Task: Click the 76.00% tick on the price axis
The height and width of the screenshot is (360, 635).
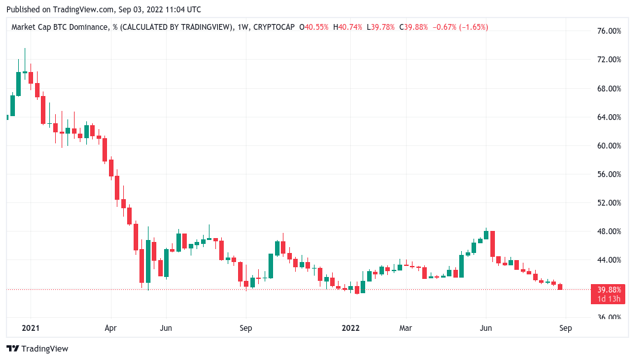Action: click(x=609, y=31)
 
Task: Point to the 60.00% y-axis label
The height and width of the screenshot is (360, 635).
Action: click(x=609, y=146)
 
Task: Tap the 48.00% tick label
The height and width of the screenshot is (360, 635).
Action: click(x=609, y=232)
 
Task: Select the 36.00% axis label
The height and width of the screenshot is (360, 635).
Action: click(x=609, y=317)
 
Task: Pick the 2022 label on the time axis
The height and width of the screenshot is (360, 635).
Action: click(x=350, y=328)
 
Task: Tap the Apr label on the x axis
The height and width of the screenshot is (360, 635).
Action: click(x=110, y=328)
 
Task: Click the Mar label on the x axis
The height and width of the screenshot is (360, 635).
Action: click(x=405, y=328)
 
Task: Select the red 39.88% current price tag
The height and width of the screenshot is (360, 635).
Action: click(x=608, y=290)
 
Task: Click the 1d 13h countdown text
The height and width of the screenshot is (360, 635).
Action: click(x=608, y=299)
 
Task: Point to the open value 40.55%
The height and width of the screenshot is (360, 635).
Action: click(x=317, y=27)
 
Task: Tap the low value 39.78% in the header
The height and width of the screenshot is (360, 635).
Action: click(x=383, y=27)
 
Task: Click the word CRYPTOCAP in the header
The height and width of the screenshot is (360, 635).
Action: click(x=272, y=27)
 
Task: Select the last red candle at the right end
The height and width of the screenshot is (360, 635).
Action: click(x=560, y=287)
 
